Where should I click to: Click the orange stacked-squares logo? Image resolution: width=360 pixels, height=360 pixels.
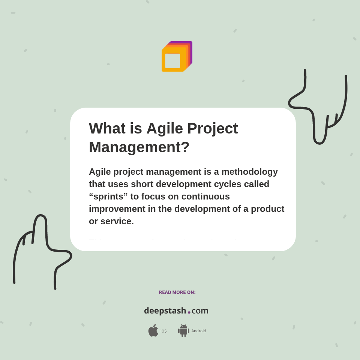tap(176, 57)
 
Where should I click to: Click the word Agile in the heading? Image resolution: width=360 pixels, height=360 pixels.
tap(165, 128)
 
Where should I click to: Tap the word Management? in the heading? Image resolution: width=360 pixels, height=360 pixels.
tap(139, 147)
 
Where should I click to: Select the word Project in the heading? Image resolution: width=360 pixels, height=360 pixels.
tap(213, 128)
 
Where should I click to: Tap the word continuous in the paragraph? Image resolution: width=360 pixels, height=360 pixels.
tap(205, 196)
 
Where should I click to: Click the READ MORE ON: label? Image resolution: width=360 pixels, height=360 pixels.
tap(177, 292)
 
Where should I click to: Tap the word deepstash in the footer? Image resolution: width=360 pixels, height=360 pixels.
tap(165, 311)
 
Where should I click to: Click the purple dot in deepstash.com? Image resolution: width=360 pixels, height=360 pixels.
tap(189, 312)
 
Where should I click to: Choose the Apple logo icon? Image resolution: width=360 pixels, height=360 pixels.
tap(153, 330)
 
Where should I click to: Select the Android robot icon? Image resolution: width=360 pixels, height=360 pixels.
tap(183, 331)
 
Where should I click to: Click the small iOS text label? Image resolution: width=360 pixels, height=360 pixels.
tap(163, 331)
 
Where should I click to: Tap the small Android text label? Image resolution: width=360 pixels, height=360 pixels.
tap(198, 331)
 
